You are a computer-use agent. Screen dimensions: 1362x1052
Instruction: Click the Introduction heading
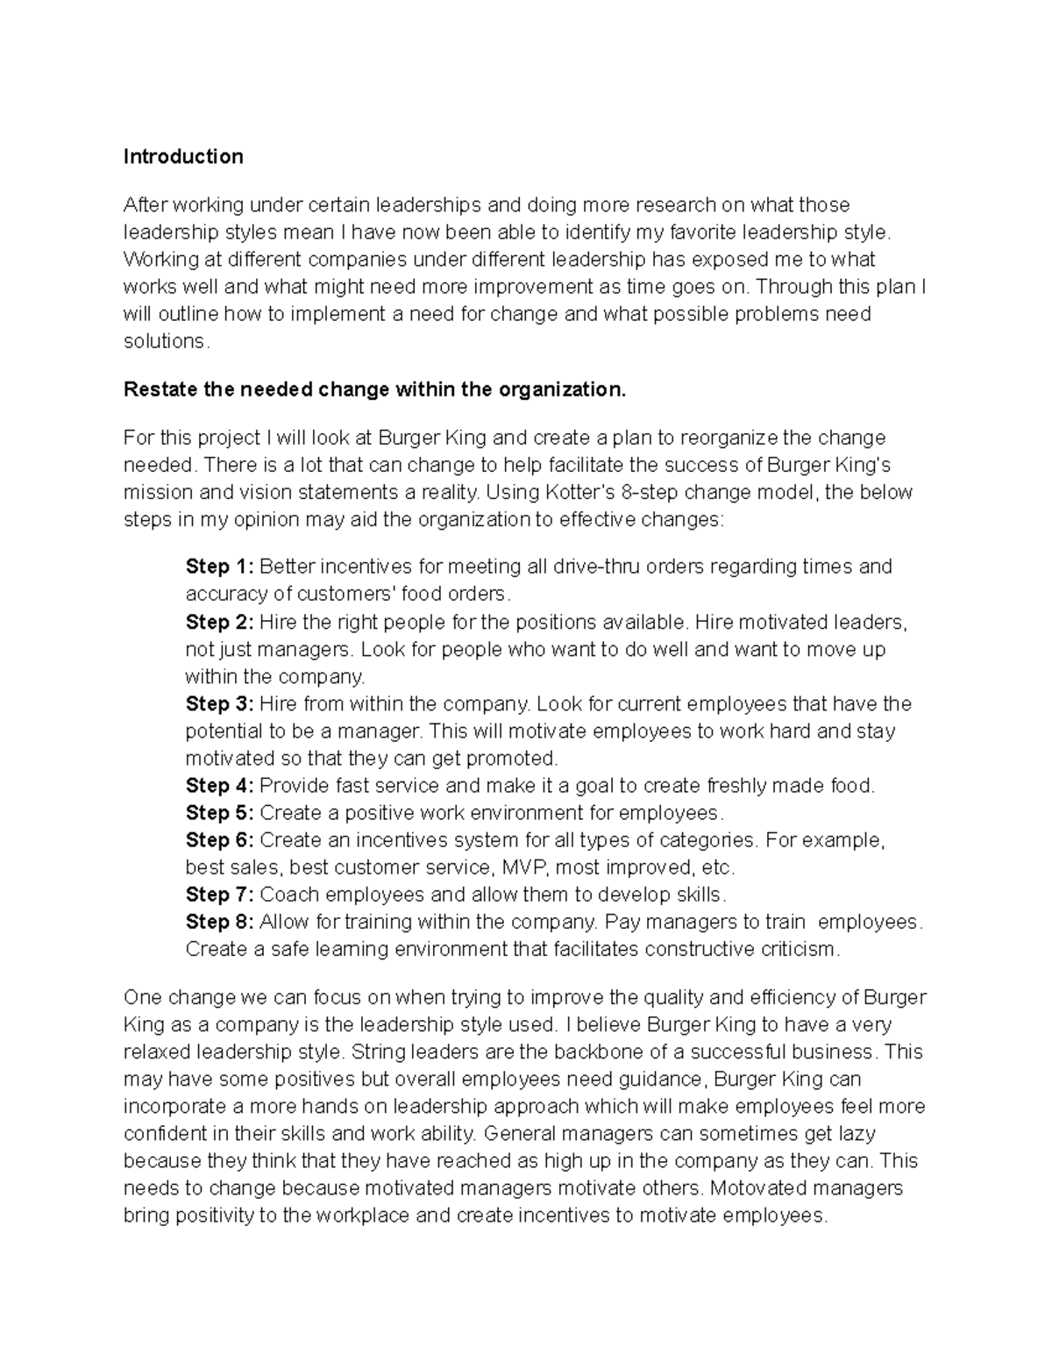(x=183, y=157)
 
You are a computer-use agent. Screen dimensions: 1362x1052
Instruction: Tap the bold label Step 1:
(x=219, y=567)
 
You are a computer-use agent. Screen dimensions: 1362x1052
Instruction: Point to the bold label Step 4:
(x=219, y=786)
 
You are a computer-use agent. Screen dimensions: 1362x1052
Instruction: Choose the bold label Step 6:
(x=219, y=840)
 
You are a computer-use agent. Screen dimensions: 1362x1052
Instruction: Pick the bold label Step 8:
(x=219, y=922)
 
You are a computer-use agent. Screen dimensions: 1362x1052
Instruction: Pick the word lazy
(x=857, y=1134)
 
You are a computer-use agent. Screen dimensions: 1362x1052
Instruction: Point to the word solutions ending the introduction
(x=165, y=341)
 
